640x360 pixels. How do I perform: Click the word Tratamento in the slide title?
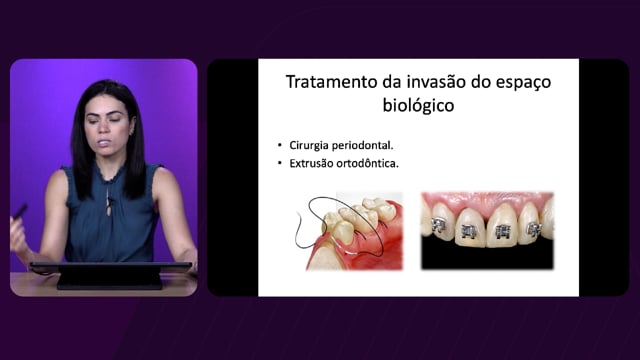[x=332, y=82]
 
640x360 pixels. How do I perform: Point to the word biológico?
[x=418, y=106]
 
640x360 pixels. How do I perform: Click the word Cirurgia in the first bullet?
[x=308, y=145]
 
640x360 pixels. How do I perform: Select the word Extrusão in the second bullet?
[x=309, y=163]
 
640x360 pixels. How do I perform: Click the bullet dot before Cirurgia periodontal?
[x=280, y=145]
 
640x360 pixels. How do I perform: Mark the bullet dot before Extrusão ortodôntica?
[x=280, y=163]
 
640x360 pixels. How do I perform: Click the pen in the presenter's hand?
[x=19, y=211]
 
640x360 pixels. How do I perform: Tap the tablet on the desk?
[x=109, y=274]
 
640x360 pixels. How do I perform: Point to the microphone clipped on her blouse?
[x=109, y=200]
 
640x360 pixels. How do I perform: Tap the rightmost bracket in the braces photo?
[x=534, y=229]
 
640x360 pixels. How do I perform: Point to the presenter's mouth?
[x=104, y=143]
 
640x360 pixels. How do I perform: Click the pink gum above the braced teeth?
[x=487, y=200]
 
